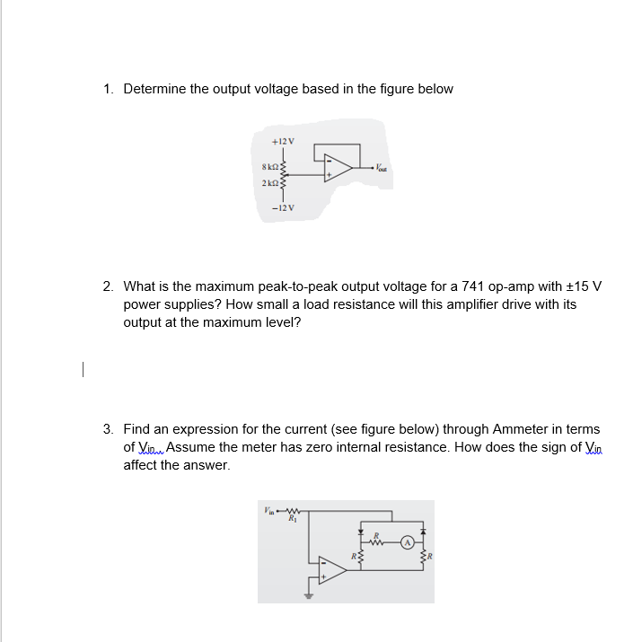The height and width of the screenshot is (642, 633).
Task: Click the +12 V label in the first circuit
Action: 283,142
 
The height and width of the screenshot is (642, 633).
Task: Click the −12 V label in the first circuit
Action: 283,207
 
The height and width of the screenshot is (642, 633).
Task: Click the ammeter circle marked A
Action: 407,542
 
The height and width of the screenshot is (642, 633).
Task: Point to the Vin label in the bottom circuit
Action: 268,511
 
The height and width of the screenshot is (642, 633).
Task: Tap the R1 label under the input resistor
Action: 292,519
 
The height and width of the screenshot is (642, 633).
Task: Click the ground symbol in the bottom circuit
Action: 310,594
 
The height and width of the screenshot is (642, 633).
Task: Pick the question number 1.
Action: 108,89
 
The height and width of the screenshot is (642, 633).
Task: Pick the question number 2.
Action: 108,286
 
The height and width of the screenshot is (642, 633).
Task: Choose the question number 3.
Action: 108,430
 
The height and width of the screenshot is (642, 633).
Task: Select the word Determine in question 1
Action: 154,89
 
